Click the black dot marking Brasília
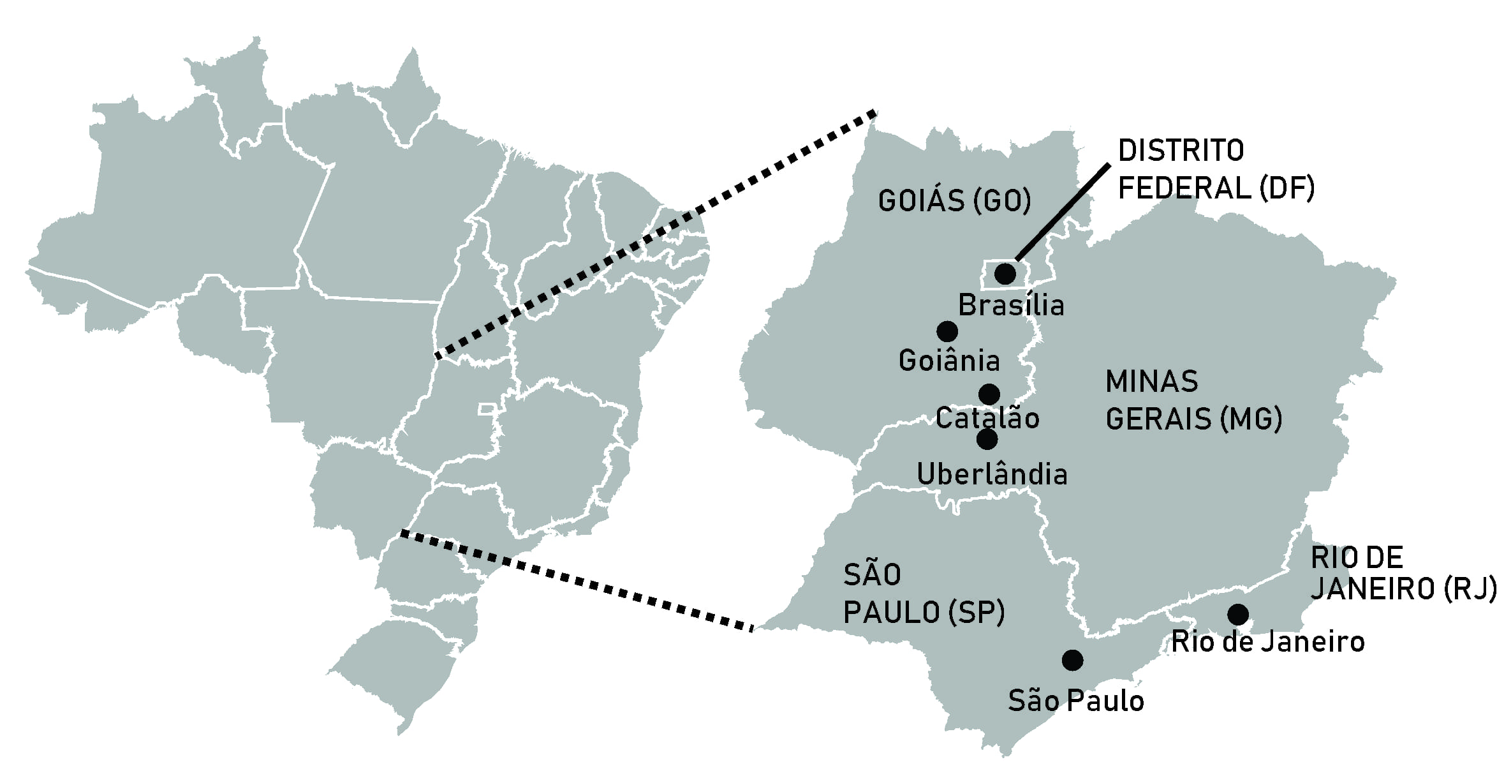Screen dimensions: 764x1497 click(x=1005, y=274)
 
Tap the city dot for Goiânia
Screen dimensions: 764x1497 click(x=947, y=331)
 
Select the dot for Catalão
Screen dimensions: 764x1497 click(x=989, y=394)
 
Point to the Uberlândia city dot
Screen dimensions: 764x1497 click(x=987, y=439)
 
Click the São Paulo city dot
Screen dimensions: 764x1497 click(x=1072, y=660)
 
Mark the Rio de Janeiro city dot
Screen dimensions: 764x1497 click(x=1238, y=615)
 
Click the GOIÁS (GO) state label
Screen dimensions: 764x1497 click(x=954, y=201)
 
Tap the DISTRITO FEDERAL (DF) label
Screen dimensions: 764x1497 click(x=1216, y=170)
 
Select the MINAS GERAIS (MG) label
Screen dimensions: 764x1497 click(x=1193, y=401)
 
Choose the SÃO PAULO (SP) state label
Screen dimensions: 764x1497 click(x=924, y=594)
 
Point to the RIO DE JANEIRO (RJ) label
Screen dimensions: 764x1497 click(x=1402, y=573)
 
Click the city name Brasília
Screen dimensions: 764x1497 click(x=1011, y=306)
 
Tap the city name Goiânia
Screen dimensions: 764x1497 click(x=949, y=361)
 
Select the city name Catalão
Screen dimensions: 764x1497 click(x=987, y=419)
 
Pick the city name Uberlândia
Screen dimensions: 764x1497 click(x=992, y=475)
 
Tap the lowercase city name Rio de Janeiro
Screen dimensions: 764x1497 click(x=1268, y=642)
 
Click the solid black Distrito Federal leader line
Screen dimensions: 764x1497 click(x=1062, y=213)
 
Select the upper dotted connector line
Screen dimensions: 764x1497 click(x=655, y=234)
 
